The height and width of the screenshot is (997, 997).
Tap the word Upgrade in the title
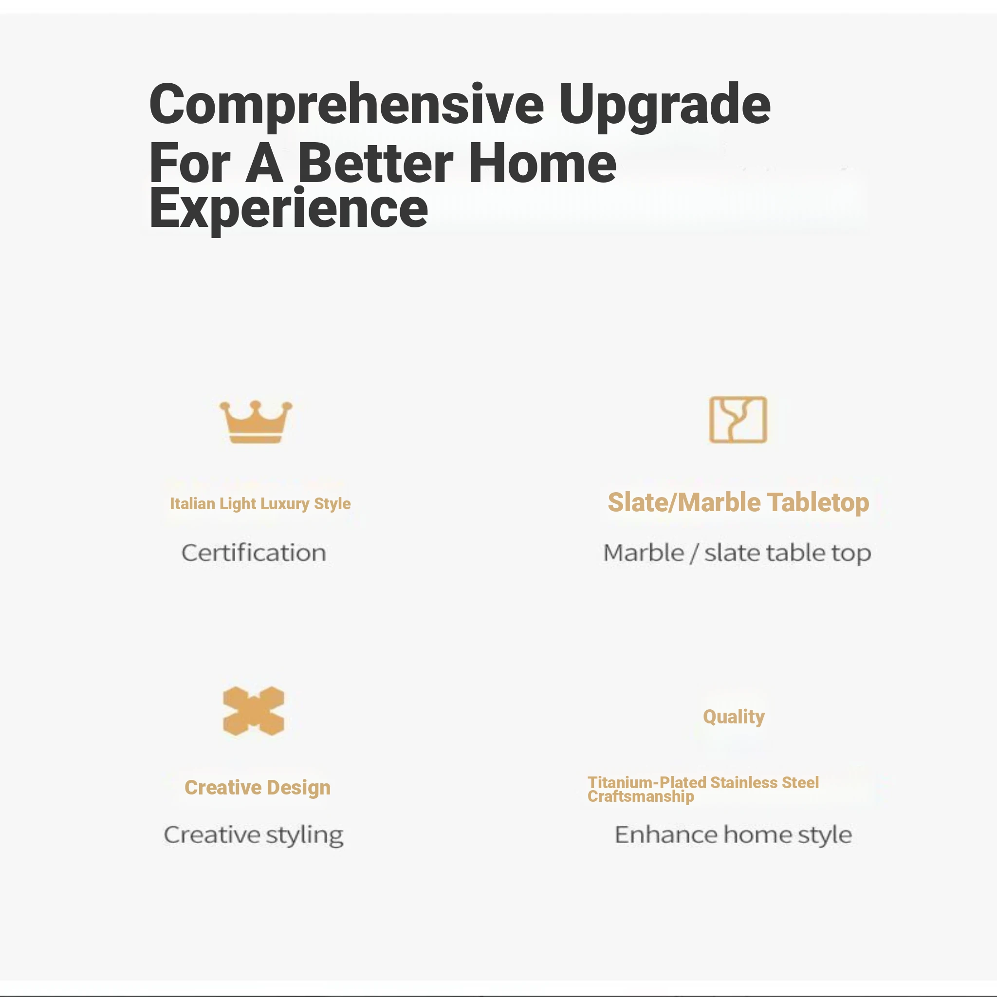click(x=665, y=107)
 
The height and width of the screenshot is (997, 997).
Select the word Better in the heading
click(x=376, y=163)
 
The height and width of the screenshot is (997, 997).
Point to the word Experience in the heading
click(x=289, y=208)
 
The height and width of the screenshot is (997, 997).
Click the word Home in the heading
click(x=542, y=163)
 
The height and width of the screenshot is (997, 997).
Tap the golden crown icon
click(x=256, y=422)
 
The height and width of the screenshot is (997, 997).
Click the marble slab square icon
click(x=738, y=420)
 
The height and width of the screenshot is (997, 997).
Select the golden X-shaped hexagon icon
click(x=253, y=711)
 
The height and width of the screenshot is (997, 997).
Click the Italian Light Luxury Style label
click(x=260, y=504)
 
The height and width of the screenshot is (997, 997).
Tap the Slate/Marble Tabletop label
click(x=739, y=502)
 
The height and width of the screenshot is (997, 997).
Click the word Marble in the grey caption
click(x=644, y=553)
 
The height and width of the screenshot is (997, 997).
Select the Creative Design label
click(x=258, y=788)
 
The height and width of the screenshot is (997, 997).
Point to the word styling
click(x=305, y=835)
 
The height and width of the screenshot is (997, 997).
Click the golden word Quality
click(x=734, y=717)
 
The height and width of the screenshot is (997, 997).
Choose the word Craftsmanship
click(x=641, y=797)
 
